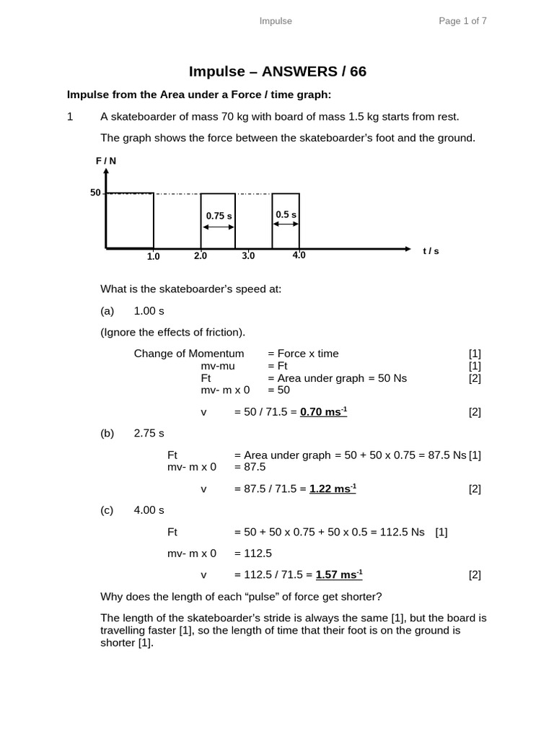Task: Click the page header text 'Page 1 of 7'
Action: (462, 21)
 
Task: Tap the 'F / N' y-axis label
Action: (106, 162)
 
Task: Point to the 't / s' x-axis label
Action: (431, 251)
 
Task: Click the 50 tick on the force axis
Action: (95, 193)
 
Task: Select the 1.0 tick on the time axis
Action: (154, 256)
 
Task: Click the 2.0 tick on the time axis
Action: (201, 255)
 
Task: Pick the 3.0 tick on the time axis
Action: (248, 255)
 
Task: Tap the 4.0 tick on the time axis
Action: (299, 255)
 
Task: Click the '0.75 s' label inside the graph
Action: (219, 216)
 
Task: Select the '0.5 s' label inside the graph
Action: (286, 215)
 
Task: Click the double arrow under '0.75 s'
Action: (218, 227)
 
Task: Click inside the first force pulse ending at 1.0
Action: (130, 220)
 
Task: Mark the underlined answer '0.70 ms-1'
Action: (323, 412)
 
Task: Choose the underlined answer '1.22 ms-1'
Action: (333, 489)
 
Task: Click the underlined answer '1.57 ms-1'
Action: (338, 574)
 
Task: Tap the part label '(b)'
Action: (107, 433)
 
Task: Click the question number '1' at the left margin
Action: (70, 116)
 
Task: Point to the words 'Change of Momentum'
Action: (189, 353)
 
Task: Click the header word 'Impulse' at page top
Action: (276, 21)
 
